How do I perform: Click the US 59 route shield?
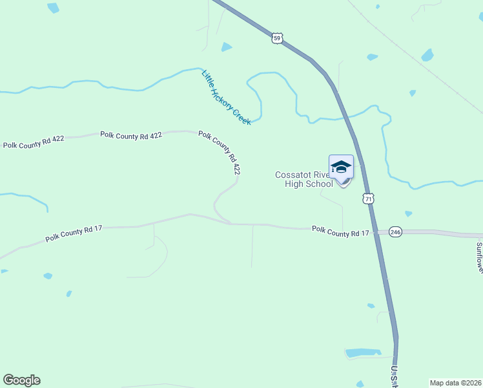point(277,39)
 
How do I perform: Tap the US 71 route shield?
point(368,199)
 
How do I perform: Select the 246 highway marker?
point(395,232)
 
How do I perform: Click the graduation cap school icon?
point(341,167)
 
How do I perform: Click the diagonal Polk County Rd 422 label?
point(220,153)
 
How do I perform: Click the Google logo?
point(22,380)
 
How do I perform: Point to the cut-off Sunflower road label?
point(479,257)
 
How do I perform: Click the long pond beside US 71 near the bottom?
point(364,353)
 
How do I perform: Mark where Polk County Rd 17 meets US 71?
point(377,231)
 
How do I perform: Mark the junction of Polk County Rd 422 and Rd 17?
point(231,224)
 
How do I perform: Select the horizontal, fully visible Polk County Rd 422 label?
point(130,135)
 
